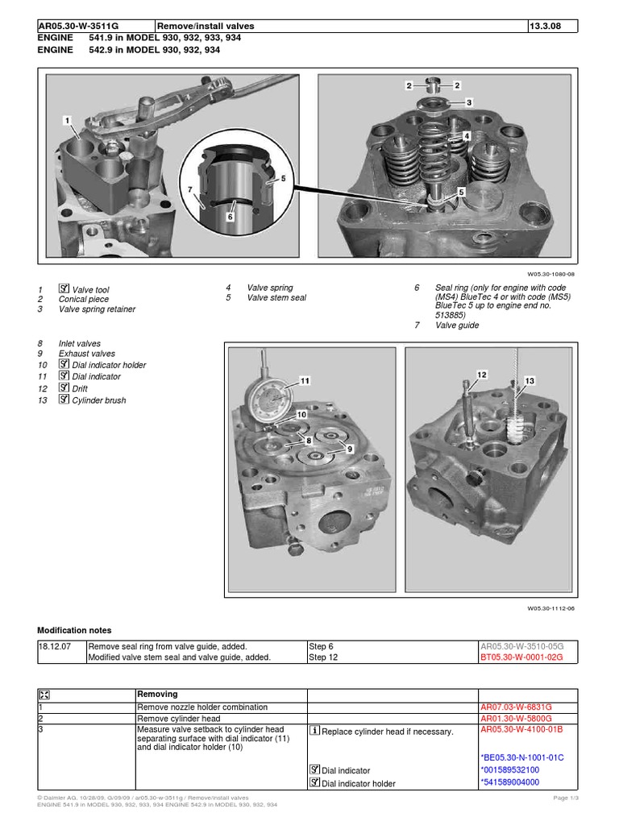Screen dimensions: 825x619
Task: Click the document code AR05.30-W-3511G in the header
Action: pos(77,26)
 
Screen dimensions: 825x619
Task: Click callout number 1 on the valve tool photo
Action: pos(69,120)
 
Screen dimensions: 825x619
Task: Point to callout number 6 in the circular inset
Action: pos(230,216)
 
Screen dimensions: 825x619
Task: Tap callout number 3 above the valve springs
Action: pos(468,103)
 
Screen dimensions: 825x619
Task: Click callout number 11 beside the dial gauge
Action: pos(305,379)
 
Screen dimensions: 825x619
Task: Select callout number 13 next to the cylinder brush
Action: pos(530,380)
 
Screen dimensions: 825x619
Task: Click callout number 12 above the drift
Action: pos(482,375)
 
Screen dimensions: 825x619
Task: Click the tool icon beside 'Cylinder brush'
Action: pos(64,400)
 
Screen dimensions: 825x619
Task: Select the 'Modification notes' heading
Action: pos(75,630)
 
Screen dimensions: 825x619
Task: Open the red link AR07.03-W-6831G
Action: pos(516,707)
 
